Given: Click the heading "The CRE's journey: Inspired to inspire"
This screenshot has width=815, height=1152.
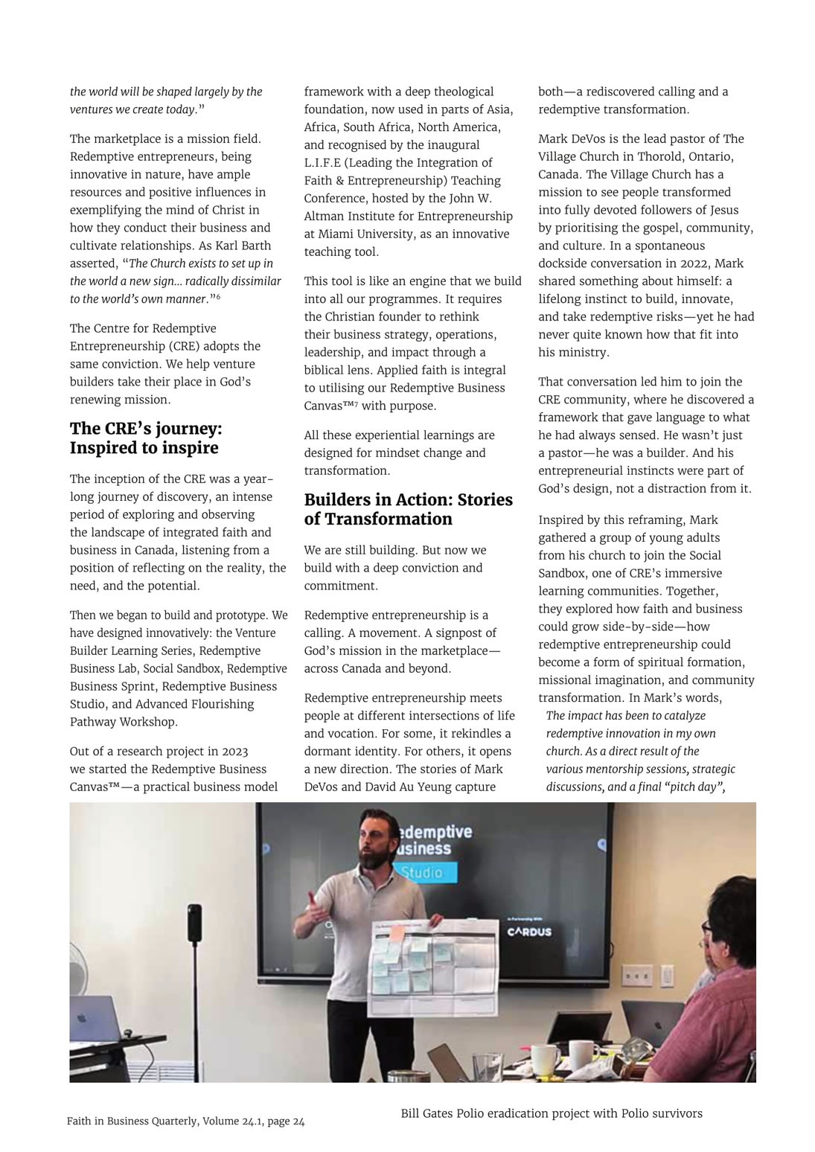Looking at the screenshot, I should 146,438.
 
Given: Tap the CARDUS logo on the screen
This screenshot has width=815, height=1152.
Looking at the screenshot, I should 530,932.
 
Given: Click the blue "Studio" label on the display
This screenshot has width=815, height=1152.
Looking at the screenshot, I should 421,872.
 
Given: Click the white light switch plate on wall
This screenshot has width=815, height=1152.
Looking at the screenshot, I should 668,976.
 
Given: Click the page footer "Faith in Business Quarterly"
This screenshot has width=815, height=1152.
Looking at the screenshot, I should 185,1121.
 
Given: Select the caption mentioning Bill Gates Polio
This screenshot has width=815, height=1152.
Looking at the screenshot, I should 551,1113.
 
